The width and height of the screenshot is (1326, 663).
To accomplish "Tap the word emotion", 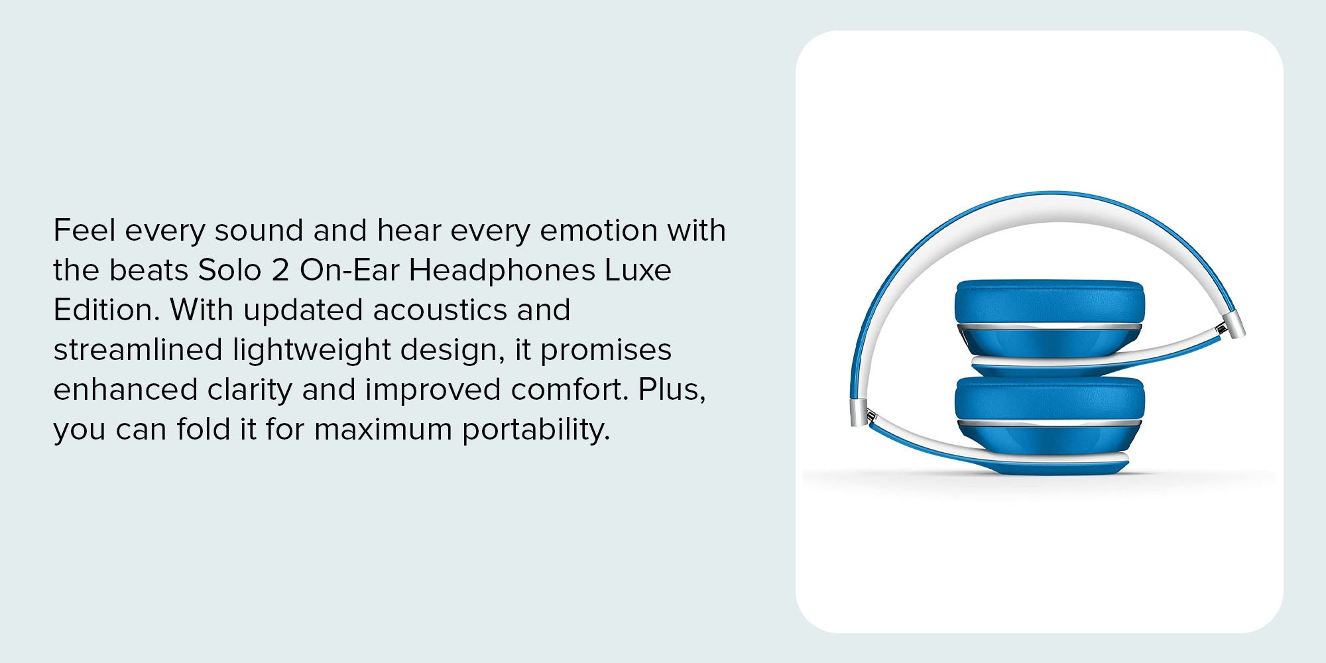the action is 599,230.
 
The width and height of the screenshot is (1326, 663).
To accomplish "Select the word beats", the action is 149,270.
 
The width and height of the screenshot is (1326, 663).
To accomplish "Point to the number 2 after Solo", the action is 280,271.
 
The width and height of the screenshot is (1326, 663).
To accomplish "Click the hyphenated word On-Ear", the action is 349,270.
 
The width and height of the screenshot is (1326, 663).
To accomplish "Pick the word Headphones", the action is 502,271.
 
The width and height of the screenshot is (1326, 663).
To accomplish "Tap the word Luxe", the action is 638,270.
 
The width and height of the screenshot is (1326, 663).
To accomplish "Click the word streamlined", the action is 138,349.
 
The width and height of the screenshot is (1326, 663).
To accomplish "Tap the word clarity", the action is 249,391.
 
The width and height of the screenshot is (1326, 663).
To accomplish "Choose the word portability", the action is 536,430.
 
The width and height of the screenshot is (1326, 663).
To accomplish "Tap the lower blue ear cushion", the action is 1050,399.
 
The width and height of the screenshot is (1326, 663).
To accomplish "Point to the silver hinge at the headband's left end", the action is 861,413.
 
